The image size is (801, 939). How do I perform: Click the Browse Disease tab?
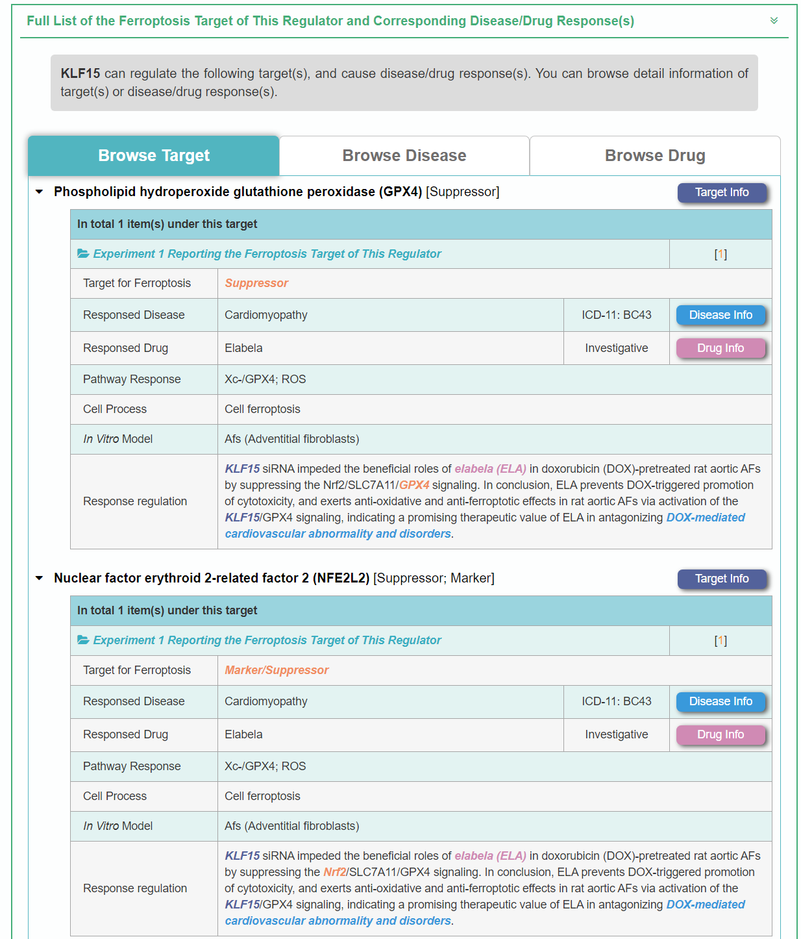tap(404, 156)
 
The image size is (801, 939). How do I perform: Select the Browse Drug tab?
tap(654, 156)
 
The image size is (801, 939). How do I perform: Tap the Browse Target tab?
tap(154, 156)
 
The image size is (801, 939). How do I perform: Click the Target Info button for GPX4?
tap(721, 192)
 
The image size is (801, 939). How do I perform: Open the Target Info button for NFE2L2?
tap(721, 579)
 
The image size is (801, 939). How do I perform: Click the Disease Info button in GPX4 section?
tap(720, 315)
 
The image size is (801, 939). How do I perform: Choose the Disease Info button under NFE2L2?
tap(720, 701)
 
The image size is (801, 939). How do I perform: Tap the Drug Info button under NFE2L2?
tap(720, 734)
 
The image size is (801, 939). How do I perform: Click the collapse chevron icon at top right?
tap(774, 21)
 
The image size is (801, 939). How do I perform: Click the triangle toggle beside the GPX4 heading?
tap(40, 192)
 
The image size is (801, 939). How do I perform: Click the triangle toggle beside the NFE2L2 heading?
tap(40, 579)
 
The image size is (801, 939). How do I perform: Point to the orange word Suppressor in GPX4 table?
tap(256, 283)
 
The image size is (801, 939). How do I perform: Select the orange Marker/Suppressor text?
tap(277, 670)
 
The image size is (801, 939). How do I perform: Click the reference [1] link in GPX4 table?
tap(721, 255)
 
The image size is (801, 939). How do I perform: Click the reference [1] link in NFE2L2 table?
tap(721, 641)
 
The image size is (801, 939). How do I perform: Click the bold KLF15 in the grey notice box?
tap(80, 73)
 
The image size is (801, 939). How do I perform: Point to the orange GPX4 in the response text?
tap(414, 485)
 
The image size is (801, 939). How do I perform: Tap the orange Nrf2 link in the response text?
tap(334, 872)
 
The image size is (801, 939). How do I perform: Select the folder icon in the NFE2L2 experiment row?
tap(83, 640)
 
